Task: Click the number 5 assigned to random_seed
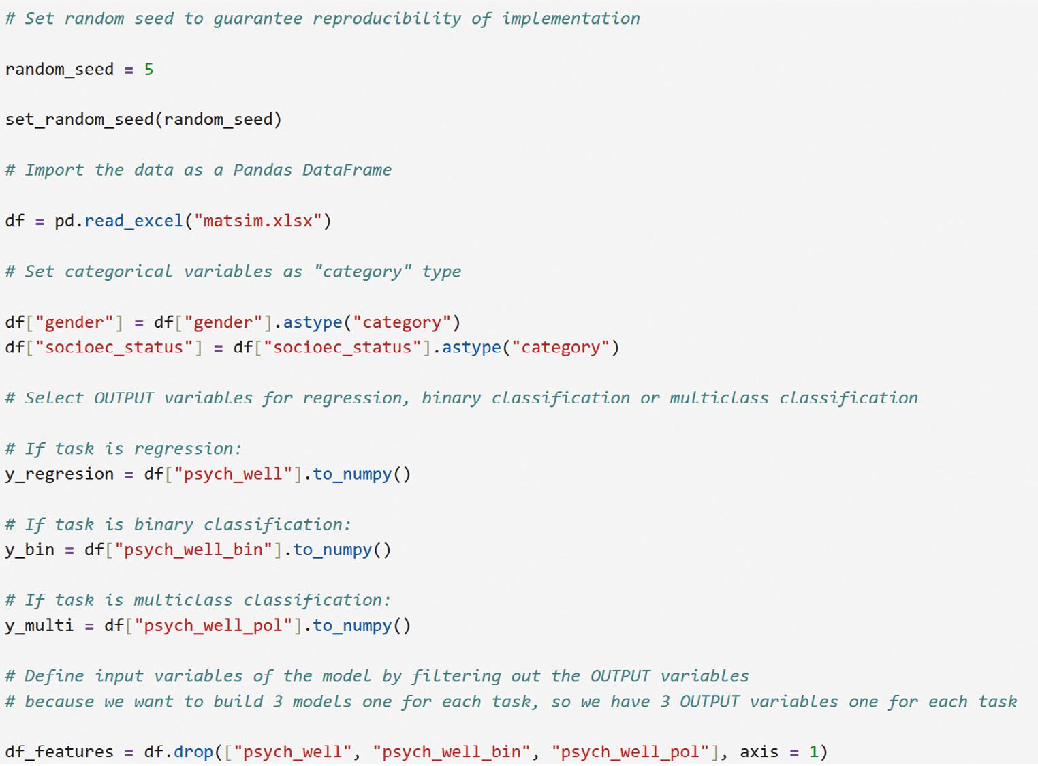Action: click(x=148, y=70)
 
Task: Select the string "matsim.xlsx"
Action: click(x=258, y=221)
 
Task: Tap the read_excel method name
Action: click(x=133, y=221)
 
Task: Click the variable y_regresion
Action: click(x=59, y=474)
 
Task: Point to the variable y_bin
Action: click(x=29, y=550)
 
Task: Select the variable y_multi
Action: click(x=40, y=626)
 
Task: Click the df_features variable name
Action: click(x=59, y=752)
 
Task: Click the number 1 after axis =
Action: click(x=813, y=752)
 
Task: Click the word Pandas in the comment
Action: click(x=262, y=170)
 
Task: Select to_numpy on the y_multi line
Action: click(x=352, y=626)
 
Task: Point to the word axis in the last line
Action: click(x=759, y=752)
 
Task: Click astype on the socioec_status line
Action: click(x=471, y=348)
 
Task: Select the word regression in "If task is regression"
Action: click(x=187, y=449)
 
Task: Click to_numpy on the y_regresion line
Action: click(x=352, y=474)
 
